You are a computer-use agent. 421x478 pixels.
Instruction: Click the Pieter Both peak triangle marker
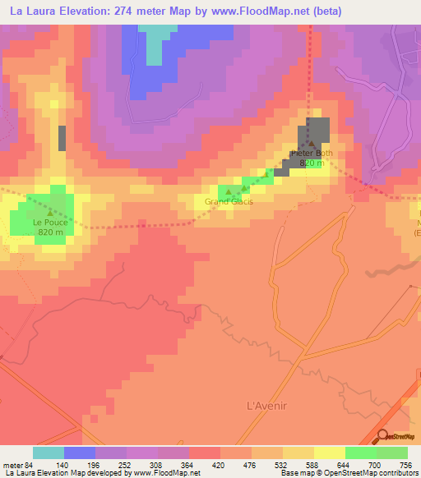point(311,145)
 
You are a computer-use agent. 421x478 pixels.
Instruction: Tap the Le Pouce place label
point(49,222)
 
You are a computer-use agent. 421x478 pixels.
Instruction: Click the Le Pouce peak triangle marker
point(49,212)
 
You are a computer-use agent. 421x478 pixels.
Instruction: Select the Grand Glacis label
point(229,201)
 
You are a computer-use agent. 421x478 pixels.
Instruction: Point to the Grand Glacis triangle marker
point(229,191)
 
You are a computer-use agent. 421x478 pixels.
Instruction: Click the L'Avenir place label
point(265,405)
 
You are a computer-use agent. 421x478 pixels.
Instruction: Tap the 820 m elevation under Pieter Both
point(311,163)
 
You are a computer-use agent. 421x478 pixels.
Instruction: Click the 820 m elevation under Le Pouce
point(50,232)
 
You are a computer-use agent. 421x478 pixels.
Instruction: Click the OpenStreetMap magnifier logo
point(384,437)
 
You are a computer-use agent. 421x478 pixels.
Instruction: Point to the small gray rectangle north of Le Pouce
point(62,137)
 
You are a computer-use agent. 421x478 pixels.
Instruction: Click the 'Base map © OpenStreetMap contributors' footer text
point(348,473)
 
